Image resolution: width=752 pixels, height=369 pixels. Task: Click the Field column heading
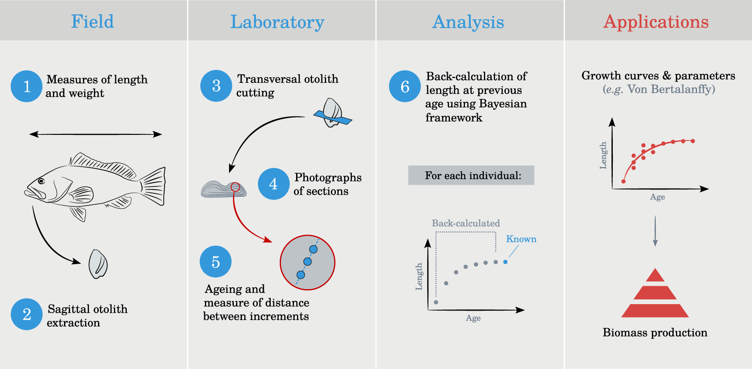[x=92, y=21]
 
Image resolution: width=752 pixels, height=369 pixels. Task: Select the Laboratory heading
[x=277, y=22]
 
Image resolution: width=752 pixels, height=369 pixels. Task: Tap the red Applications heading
[x=656, y=22]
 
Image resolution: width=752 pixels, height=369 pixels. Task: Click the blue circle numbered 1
[x=27, y=86]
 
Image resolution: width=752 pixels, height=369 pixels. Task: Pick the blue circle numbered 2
[x=27, y=314]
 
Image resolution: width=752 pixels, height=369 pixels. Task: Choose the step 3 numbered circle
[x=216, y=86]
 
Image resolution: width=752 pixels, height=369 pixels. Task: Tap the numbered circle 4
[x=273, y=184]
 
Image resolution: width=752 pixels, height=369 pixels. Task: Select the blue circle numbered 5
[x=216, y=262]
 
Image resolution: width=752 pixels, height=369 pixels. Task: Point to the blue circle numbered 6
[x=405, y=86]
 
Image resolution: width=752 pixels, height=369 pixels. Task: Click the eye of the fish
[x=41, y=181]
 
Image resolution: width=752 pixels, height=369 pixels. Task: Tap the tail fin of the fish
[x=153, y=186]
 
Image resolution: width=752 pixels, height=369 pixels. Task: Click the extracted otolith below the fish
[x=98, y=264]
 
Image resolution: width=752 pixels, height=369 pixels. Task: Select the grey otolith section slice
[x=223, y=189]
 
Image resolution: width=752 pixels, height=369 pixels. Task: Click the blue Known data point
[x=505, y=262]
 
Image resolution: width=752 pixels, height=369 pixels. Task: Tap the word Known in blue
[x=521, y=239]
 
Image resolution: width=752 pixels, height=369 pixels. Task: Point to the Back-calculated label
[x=466, y=223]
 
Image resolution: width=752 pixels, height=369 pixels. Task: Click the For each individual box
[x=471, y=175]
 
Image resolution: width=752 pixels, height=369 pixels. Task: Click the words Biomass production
[x=655, y=332]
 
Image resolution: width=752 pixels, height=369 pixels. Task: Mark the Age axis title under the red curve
[x=657, y=197]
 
